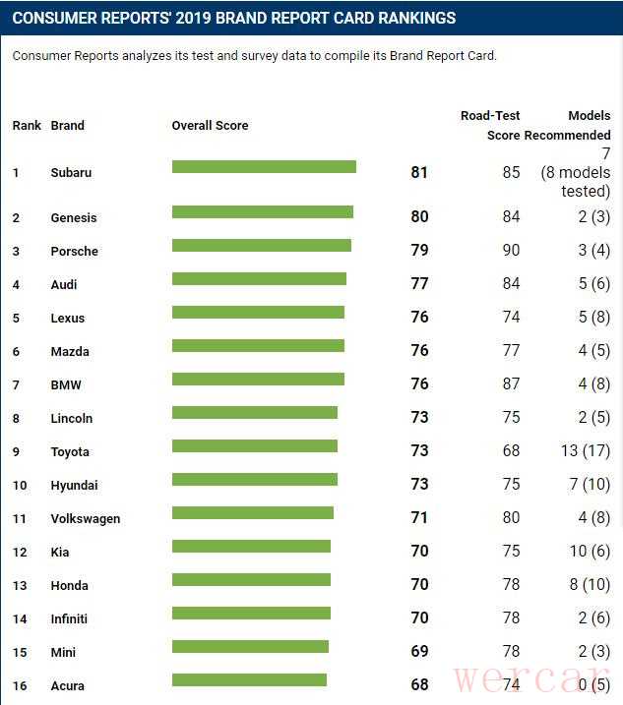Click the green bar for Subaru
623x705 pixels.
point(264,167)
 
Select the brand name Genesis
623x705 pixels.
point(74,218)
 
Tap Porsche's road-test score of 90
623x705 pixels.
point(511,251)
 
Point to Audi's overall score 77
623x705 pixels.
point(419,284)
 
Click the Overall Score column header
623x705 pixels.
point(210,126)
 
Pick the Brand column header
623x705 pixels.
point(67,126)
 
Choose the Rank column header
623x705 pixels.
point(27,126)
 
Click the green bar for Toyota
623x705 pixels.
point(255,446)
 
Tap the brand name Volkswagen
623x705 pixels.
point(85,519)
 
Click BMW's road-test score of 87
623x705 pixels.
point(511,384)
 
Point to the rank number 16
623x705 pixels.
point(20,686)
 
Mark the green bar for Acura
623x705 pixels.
point(249,680)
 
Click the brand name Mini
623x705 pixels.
point(63,653)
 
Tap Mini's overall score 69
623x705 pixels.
point(419,652)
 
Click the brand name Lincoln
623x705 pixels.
point(71,419)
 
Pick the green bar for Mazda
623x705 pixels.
point(258,346)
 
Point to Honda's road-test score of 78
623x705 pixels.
point(511,585)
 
